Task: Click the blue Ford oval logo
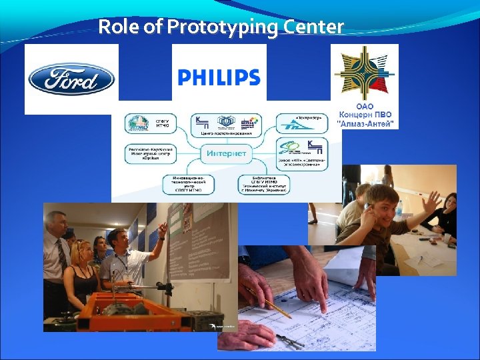point(71,79)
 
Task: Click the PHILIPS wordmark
point(219,77)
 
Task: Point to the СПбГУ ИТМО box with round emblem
point(148,123)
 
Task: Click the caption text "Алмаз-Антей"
point(365,123)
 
